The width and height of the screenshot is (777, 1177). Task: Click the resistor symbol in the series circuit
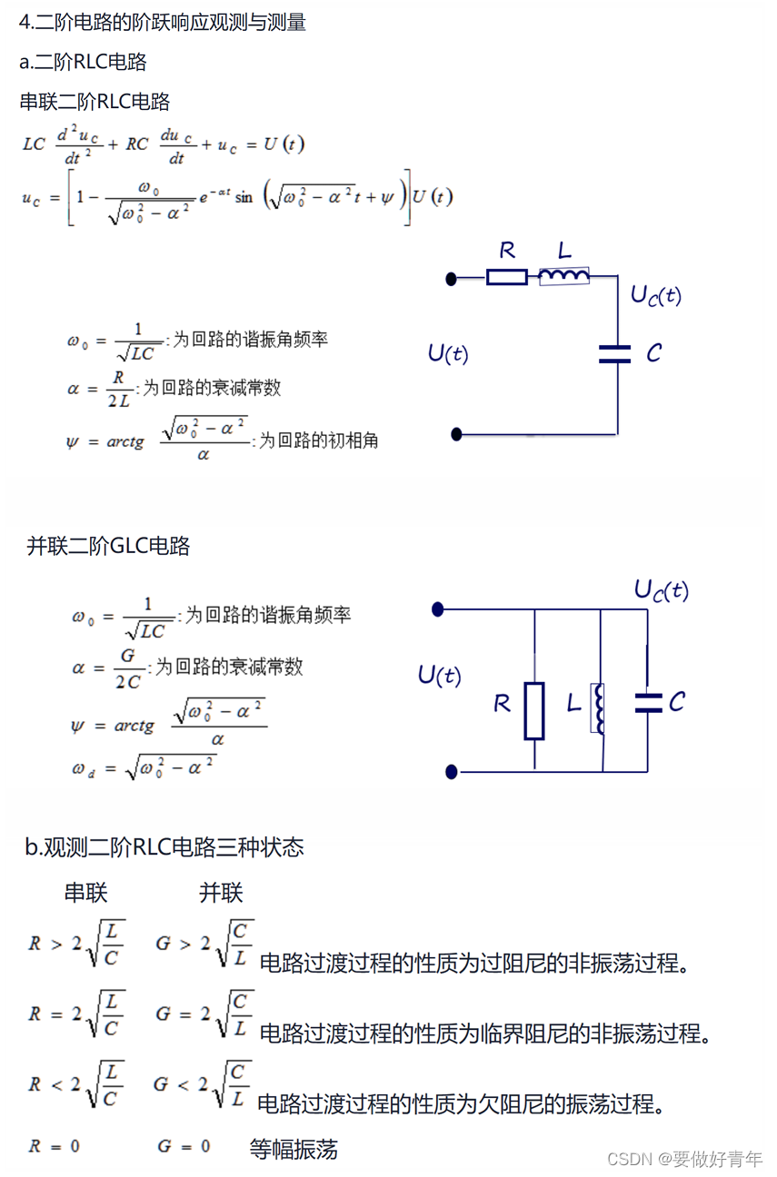[x=506, y=277]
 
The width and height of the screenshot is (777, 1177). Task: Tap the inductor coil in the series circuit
[x=563, y=275]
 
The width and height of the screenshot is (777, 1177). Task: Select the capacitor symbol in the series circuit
[x=615, y=354]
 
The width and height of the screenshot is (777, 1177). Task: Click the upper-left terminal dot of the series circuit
[x=452, y=279]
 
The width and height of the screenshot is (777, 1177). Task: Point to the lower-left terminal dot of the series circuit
[x=457, y=434]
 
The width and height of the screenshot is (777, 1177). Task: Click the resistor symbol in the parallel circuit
[x=534, y=710]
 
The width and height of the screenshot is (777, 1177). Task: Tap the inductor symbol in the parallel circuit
[x=598, y=707]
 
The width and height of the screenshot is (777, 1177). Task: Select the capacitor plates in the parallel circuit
[x=648, y=702]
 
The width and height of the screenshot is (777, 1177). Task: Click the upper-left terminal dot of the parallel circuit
[x=438, y=609]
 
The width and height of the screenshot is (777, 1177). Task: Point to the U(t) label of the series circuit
[x=448, y=353]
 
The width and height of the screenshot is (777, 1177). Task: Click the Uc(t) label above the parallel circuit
[x=661, y=591]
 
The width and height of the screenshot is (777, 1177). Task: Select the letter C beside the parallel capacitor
[x=677, y=702]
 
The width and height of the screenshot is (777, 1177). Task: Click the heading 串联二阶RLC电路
[x=95, y=102]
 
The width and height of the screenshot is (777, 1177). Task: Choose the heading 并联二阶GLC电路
[x=108, y=546]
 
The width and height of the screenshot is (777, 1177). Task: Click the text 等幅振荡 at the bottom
[x=294, y=1150]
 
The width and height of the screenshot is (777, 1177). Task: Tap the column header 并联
[x=221, y=893]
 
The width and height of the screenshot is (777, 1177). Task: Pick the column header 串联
[x=85, y=893]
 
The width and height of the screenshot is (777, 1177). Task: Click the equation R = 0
[x=54, y=1146]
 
